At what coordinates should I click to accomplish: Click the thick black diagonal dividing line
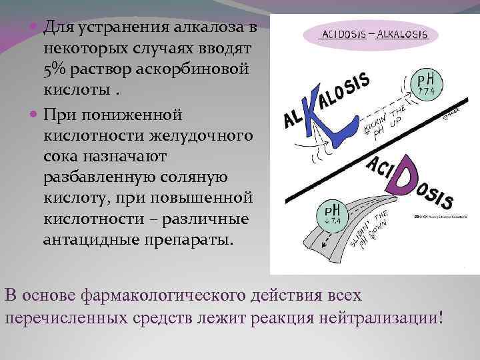tap(373, 157)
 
